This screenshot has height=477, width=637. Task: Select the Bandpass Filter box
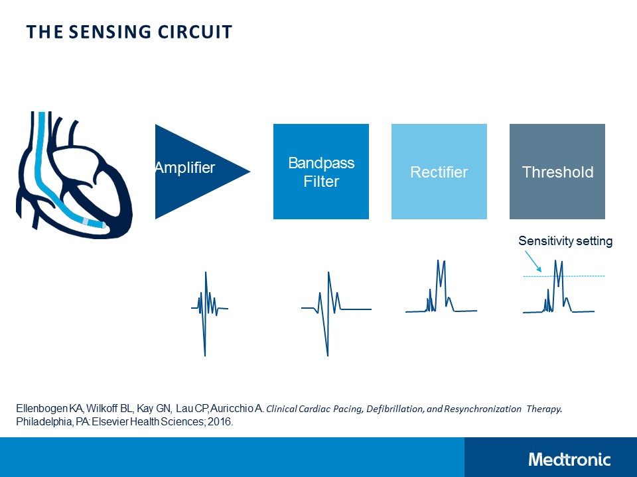(321, 172)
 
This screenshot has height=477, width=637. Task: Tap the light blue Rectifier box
(439, 172)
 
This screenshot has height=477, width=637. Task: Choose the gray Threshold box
(557, 172)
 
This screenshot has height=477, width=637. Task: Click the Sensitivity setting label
(565, 241)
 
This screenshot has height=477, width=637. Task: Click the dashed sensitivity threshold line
(584, 276)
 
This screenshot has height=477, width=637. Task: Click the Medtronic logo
(569, 459)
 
